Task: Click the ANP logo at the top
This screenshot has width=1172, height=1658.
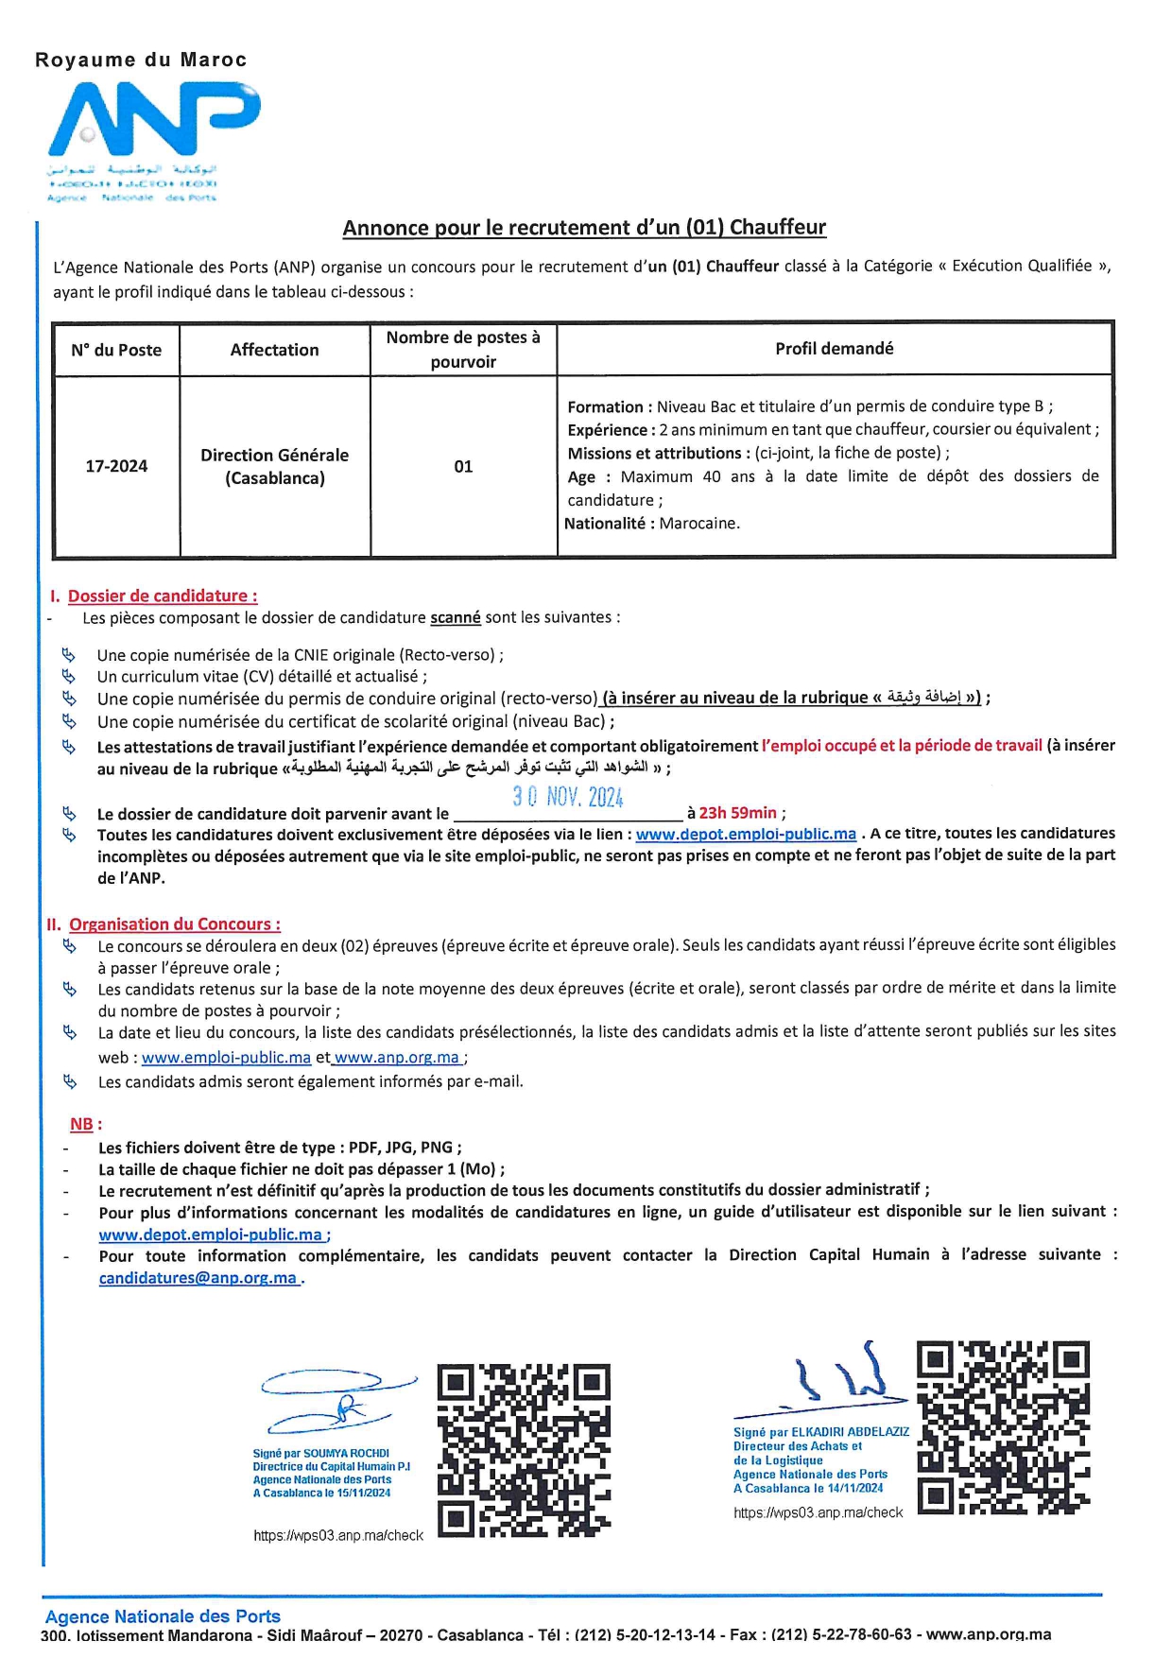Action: [x=154, y=120]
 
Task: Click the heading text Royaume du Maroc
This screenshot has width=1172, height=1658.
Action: [x=141, y=60]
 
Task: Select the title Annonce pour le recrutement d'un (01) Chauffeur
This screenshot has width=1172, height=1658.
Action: [x=584, y=228]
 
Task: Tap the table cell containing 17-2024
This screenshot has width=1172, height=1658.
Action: [x=116, y=466]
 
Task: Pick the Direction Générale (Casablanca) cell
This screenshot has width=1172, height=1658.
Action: [x=274, y=466]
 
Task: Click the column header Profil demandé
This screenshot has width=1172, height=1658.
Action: [x=834, y=349]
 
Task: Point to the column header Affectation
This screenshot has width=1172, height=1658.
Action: [x=274, y=350]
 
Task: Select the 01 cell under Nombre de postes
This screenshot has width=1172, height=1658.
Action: [x=463, y=466]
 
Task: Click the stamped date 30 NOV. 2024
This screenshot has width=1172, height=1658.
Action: [x=568, y=797]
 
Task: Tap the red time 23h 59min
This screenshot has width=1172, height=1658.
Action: [x=738, y=813]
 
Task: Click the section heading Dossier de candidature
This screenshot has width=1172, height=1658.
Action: [x=162, y=596]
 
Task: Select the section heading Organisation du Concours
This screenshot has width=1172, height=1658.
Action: [x=174, y=924]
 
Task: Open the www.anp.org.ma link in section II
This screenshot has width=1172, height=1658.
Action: [x=397, y=1058]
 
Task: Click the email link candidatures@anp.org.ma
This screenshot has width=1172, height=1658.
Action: [x=198, y=1278]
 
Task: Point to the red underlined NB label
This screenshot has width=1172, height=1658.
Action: [x=81, y=1125]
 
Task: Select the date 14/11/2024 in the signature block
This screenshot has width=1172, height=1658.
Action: [x=855, y=1488]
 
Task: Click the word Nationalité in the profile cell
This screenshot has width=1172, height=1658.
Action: [x=605, y=524]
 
